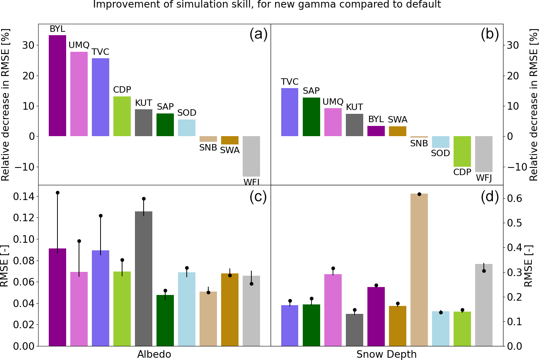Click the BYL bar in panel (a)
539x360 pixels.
coord(57,85)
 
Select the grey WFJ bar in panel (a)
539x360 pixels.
coord(251,156)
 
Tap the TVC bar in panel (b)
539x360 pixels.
coord(290,112)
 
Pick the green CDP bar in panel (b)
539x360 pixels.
coord(462,151)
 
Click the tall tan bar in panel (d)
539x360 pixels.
coord(419,270)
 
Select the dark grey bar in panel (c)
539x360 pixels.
coord(144,278)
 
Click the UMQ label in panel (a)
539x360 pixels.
coord(79,45)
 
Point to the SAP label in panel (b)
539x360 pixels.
coord(311,91)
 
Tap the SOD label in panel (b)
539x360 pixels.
coord(440,154)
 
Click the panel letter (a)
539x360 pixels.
coord(259,34)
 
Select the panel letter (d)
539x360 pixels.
coord(490,197)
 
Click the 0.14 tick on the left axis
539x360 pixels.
coord(23,197)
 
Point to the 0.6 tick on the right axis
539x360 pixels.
coord(514,199)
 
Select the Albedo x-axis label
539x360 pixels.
coord(154,354)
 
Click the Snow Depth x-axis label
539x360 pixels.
coord(386,354)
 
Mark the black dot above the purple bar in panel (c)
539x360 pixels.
coord(57,192)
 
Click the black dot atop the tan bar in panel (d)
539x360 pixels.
coord(419,194)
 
